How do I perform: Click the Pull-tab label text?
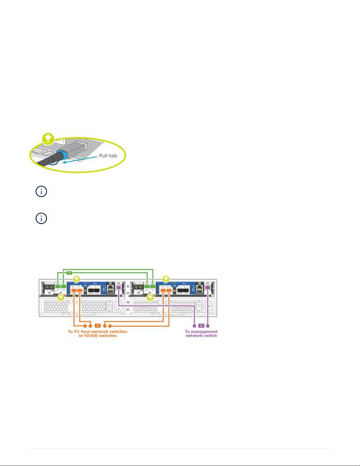pyautogui.click(x=108, y=156)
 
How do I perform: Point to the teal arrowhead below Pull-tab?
pyautogui.click(x=65, y=161)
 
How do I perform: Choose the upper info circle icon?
pyautogui.click(x=41, y=192)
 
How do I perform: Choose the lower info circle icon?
pyautogui.click(x=41, y=218)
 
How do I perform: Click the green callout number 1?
pyautogui.click(x=69, y=273)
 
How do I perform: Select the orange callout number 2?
pyautogui.click(x=98, y=325)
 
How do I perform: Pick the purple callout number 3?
pyautogui.click(x=201, y=325)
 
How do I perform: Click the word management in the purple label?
pyautogui.click(x=204, y=331)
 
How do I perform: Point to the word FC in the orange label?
pyautogui.click(x=77, y=331)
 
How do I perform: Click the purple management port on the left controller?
pyautogui.click(x=118, y=288)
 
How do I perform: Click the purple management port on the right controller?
pyautogui.click(x=208, y=288)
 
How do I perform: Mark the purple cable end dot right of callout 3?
pyautogui.click(x=208, y=326)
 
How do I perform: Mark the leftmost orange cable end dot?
pyautogui.click(x=85, y=326)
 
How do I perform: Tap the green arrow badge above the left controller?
pyautogui.click(x=76, y=278)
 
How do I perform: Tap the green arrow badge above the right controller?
pyautogui.click(x=166, y=278)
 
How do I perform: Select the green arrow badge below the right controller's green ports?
pyautogui.click(x=150, y=298)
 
